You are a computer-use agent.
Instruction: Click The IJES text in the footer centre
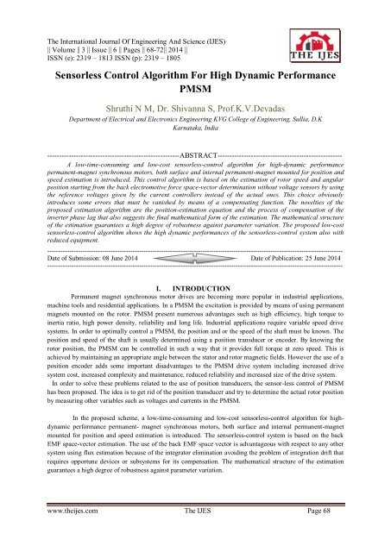point(199,536)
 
